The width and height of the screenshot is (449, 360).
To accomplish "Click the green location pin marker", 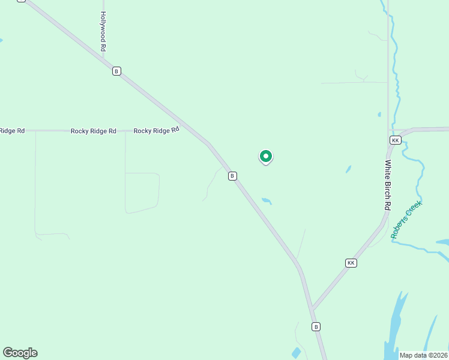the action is (x=265, y=157).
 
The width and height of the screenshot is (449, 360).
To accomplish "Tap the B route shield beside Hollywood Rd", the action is (x=116, y=71).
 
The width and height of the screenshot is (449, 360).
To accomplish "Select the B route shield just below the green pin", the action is (x=232, y=176).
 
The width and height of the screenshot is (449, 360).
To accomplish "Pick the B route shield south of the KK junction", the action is (x=316, y=326).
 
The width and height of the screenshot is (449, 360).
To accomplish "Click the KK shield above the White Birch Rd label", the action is (x=394, y=140).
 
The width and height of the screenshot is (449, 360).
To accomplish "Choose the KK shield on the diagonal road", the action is (x=351, y=263).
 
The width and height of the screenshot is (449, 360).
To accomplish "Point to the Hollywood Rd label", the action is (x=103, y=31).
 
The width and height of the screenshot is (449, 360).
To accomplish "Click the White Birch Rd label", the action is (x=388, y=184).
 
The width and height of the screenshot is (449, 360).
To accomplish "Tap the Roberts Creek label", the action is (x=406, y=220).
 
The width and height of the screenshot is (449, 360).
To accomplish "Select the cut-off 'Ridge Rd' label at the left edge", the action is (x=12, y=131).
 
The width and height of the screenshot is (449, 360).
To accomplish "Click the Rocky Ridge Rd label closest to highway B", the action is (x=156, y=130).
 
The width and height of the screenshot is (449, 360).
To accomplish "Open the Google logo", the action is (x=20, y=353).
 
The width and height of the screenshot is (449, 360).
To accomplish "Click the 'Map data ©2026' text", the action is (x=423, y=355).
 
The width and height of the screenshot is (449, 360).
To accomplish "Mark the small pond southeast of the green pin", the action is (x=348, y=170).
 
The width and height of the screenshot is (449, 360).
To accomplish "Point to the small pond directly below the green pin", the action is (x=267, y=201).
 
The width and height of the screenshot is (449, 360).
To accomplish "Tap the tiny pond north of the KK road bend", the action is (x=379, y=114).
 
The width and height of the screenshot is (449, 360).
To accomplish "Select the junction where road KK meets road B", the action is (x=312, y=310).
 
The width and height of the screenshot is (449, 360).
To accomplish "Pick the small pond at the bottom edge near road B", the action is (x=295, y=353).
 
